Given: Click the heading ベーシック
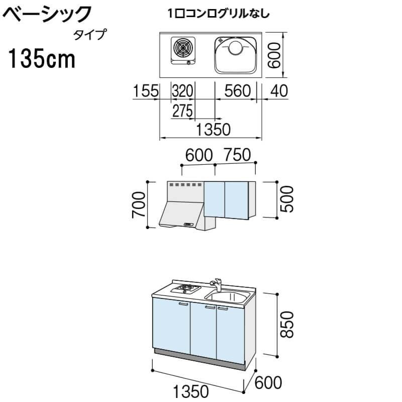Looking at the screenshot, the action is [x=48, y=14].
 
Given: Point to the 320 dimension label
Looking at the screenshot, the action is [x=182, y=91].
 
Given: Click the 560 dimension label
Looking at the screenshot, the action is [x=236, y=91].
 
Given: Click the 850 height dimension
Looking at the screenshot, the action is [x=286, y=325].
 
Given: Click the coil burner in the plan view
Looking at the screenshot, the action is [x=183, y=49].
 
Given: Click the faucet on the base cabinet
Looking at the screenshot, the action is [x=218, y=284].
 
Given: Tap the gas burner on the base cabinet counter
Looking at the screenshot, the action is [x=185, y=289].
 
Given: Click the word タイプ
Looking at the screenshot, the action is [x=90, y=35].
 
